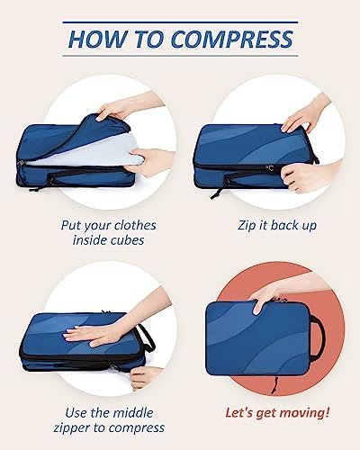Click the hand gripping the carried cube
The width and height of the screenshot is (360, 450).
pos(270,297)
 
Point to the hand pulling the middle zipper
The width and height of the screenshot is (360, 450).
pos(144,376)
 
